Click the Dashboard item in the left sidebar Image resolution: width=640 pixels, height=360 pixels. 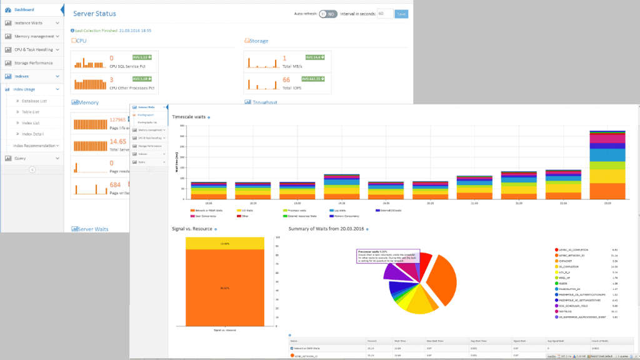coord(24,10)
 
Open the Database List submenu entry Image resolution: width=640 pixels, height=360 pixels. coord(34,101)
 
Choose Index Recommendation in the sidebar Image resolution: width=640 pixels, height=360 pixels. coord(34,146)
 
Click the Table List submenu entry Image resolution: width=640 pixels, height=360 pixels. coord(31,112)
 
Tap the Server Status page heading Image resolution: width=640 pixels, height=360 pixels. coord(94,14)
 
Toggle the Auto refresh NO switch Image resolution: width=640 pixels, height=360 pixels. coord(327,14)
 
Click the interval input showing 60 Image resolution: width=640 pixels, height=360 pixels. coord(385,14)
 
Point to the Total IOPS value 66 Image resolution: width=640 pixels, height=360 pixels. coord(286,80)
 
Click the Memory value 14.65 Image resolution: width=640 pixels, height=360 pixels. coord(118,142)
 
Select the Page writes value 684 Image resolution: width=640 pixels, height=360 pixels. coord(115,185)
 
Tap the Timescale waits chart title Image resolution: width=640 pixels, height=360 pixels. coord(189,117)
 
